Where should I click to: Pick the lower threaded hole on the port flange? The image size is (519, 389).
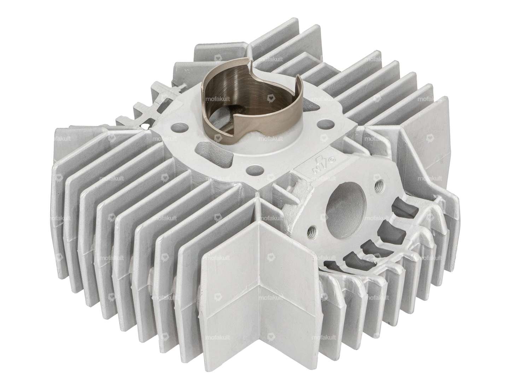click(x=311, y=231)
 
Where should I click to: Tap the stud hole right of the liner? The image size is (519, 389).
click(x=323, y=124)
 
